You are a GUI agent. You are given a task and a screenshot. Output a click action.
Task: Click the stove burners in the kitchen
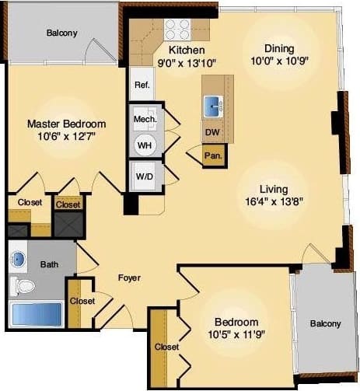point(177,30)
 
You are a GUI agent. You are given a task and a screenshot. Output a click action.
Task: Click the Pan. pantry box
point(213,155)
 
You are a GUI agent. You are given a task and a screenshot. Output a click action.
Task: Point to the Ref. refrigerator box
point(142,85)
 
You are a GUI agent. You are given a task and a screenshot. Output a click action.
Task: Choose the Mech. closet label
point(145,119)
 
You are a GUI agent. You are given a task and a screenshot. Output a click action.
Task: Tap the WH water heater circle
point(145,145)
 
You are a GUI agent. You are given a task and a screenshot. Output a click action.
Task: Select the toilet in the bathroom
point(23,286)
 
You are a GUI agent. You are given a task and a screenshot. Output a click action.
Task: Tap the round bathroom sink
point(19,259)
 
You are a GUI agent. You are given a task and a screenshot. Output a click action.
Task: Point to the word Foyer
point(129,278)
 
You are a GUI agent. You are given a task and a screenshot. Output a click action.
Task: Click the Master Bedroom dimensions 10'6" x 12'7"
point(66,138)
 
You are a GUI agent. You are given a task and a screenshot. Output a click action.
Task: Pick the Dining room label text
point(278,48)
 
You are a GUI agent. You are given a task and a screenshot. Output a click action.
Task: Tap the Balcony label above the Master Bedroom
point(61,33)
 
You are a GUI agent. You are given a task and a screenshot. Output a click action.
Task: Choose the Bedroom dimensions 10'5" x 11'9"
point(236,336)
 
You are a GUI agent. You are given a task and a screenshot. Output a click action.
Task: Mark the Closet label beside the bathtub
point(82,301)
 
